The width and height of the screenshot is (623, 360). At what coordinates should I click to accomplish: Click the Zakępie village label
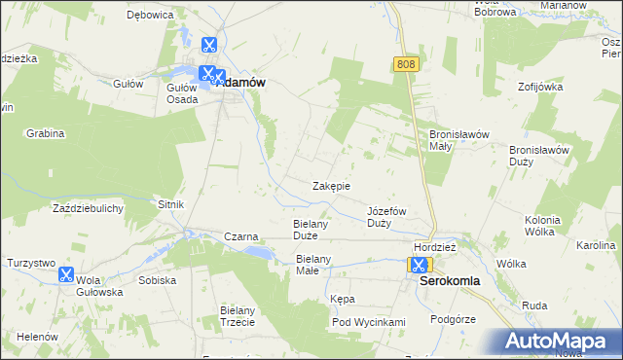[331, 186]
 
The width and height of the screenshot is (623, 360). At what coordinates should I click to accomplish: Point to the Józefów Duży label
[386, 217]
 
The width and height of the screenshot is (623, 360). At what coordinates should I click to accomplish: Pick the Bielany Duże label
[313, 230]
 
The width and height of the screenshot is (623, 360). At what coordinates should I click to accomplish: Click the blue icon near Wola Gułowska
[65, 275]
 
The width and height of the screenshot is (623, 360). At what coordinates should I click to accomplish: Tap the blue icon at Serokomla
[418, 265]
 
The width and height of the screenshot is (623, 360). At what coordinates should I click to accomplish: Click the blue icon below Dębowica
[208, 45]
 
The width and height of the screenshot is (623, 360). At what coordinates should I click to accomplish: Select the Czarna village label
[240, 236]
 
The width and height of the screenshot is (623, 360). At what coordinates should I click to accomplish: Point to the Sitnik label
[170, 204]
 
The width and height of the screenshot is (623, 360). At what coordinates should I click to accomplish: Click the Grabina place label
[45, 132]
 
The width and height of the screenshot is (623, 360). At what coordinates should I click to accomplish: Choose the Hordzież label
[434, 247]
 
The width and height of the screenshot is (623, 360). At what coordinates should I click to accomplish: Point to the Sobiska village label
[157, 280]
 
